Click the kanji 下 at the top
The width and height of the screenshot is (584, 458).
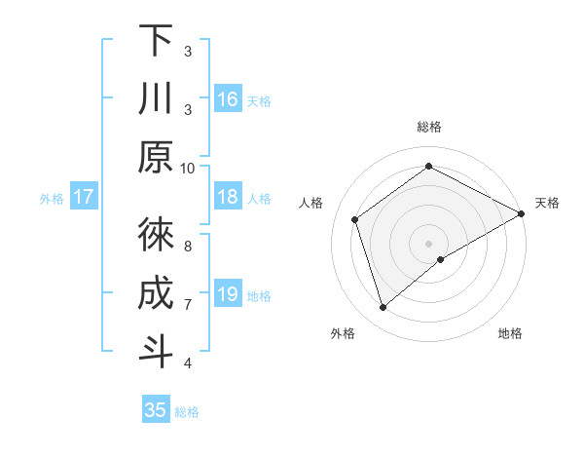[156, 41]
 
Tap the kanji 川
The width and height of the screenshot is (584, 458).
[156, 98]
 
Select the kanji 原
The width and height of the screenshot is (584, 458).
[156, 157]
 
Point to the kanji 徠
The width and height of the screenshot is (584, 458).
[156, 235]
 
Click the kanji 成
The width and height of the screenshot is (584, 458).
[156, 293]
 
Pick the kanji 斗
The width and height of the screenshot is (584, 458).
[156, 352]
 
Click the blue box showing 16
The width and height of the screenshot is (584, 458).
[228, 99]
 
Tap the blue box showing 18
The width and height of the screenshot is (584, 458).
[228, 198]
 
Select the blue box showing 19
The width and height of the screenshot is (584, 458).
[228, 294]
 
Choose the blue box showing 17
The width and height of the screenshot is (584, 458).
[84, 198]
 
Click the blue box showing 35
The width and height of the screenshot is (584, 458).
[156, 410]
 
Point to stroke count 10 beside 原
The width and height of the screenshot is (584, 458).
[188, 168]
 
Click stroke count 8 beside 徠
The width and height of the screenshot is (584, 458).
[188, 246]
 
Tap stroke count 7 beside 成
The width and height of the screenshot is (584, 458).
[188, 304]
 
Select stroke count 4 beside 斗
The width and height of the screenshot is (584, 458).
[188, 363]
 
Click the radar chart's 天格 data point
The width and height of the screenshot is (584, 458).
[521, 214]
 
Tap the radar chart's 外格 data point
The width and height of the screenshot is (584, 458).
[383, 308]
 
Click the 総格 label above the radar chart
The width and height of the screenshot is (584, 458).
[429, 127]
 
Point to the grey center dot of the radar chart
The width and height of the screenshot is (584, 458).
[428, 242]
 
